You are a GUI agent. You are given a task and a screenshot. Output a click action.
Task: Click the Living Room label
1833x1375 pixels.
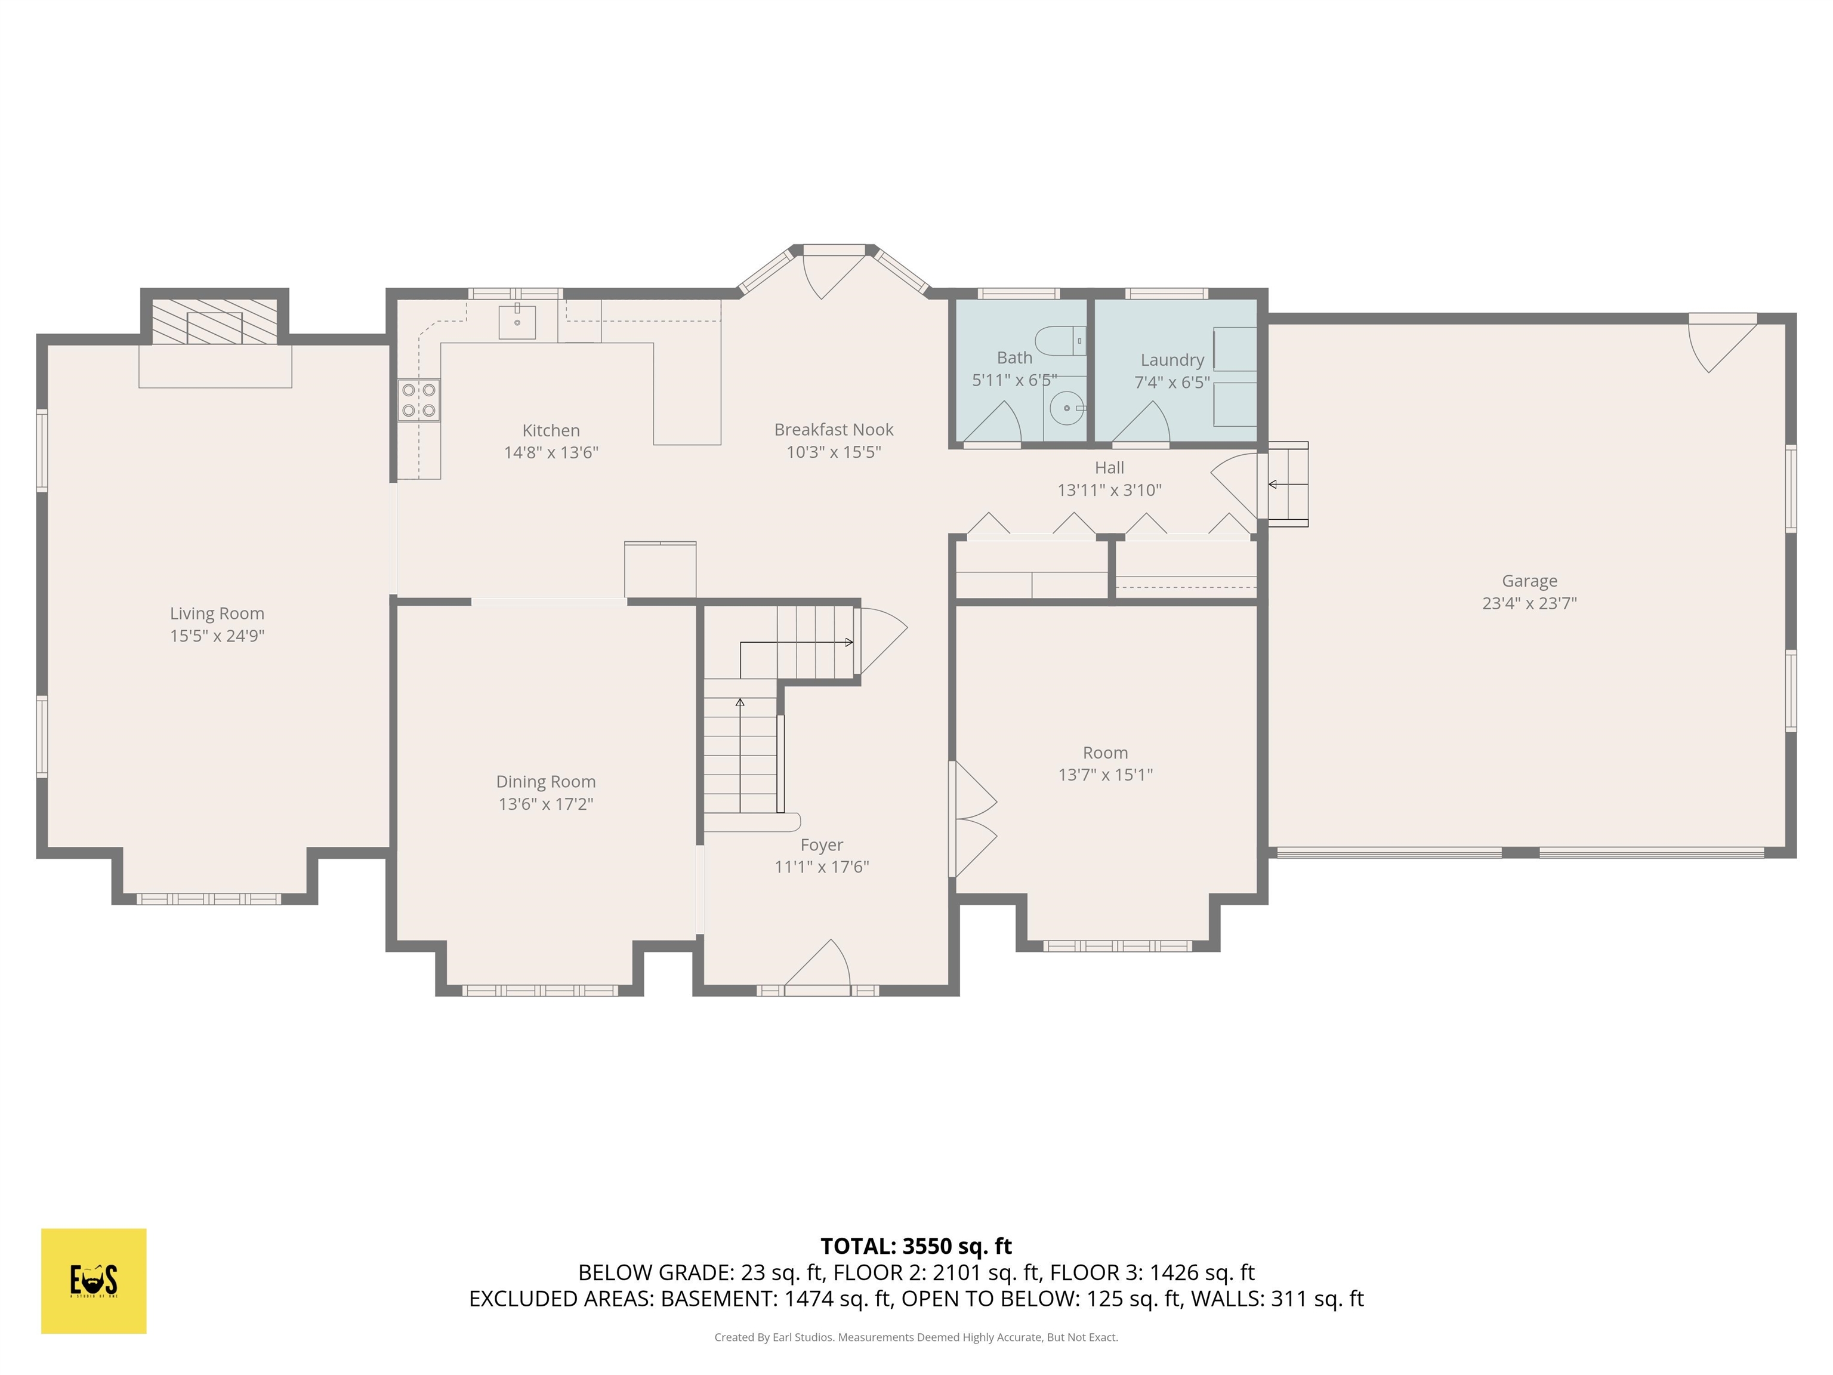[x=217, y=613]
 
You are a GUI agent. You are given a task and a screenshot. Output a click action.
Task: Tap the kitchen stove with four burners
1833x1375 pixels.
[x=418, y=400]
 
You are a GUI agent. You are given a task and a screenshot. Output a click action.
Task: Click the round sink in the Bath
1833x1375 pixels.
[x=1066, y=408]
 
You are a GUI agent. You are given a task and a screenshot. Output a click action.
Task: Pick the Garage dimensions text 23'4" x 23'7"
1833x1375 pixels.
[x=1529, y=603]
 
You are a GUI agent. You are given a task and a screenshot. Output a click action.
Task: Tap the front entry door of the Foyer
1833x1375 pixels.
[x=819, y=966]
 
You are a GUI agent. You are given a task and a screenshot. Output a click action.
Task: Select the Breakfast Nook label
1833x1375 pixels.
[x=834, y=429]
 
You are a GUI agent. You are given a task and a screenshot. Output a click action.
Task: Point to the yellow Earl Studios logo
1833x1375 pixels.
[x=94, y=1281]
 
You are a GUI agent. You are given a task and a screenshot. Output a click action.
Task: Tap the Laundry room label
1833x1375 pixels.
[x=1172, y=360]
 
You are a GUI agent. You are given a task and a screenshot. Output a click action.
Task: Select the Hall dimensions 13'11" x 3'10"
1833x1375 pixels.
[x=1109, y=490]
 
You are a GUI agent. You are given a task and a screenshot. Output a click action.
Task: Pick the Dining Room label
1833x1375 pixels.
[x=545, y=782]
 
